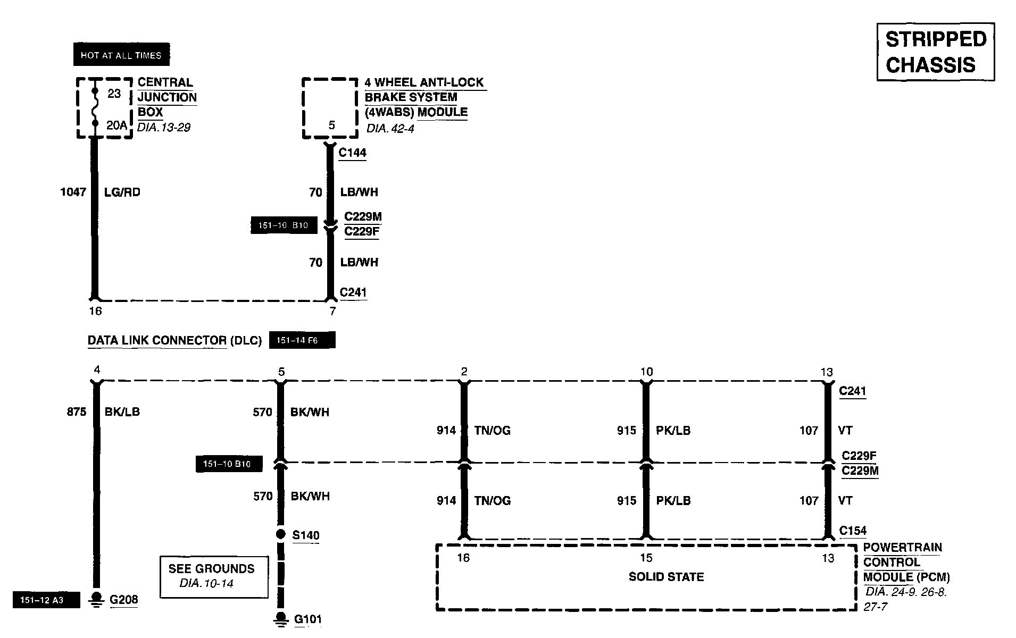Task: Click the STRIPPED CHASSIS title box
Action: coord(935,52)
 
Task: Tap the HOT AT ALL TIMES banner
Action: coord(121,55)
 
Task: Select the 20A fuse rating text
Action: coord(116,125)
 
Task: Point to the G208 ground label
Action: coord(123,600)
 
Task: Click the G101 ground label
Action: coord(308,619)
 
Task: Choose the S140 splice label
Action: coord(306,535)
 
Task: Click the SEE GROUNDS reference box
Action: coord(214,576)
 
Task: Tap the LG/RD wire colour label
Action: coord(122,192)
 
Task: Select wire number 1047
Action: coord(73,192)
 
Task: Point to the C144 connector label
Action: coord(353,153)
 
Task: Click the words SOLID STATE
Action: coord(666,577)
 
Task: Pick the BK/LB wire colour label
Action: coord(122,412)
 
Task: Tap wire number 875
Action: coord(77,412)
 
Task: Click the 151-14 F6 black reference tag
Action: coord(302,340)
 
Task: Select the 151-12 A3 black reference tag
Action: coord(46,600)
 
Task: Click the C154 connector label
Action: coord(853,530)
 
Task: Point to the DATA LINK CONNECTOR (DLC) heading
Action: coord(174,341)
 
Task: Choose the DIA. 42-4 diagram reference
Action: coord(390,129)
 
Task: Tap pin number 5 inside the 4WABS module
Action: coord(332,125)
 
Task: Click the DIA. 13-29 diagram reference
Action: coord(164,128)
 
